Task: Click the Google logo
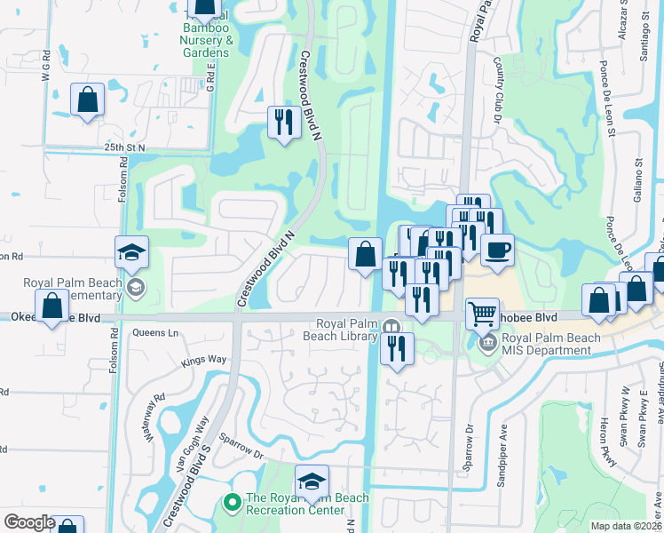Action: click(29, 522)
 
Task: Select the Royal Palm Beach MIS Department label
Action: click(546, 343)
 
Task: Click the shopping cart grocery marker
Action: click(481, 313)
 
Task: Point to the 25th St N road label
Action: click(123, 147)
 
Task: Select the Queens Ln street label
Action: click(154, 333)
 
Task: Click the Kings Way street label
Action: click(204, 361)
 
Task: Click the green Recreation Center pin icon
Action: click(232, 504)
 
